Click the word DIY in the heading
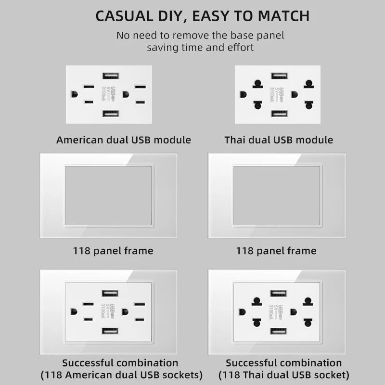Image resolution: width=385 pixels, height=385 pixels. (x=171, y=15)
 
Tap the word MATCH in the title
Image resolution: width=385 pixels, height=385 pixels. (x=284, y=15)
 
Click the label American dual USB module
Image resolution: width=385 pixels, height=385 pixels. (x=124, y=140)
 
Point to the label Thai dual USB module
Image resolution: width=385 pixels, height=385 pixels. (x=279, y=140)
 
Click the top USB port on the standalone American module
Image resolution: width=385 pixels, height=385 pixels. (x=110, y=76)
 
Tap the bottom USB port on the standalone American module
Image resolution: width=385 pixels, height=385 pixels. (x=110, y=114)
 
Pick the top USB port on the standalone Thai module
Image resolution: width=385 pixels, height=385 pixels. (x=279, y=76)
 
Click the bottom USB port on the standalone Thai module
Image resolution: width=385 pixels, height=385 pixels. (x=279, y=114)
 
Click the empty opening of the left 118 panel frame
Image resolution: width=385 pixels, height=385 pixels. (x=109, y=195)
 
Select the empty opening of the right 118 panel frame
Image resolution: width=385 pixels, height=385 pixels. (x=277, y=195)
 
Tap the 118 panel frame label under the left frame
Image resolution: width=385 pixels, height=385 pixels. (x=113, y=251)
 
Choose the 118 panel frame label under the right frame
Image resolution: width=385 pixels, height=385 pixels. (x=276, y=251)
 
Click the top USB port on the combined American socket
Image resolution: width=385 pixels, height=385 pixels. (x=110, y=293)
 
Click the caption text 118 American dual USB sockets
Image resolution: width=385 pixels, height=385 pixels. (x=122, y=375)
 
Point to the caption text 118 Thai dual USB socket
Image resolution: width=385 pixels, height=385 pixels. (x=284, y=375)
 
